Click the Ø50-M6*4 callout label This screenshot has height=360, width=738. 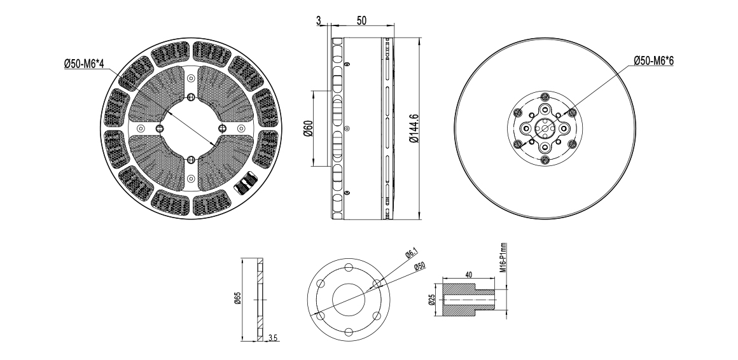click(84, 64)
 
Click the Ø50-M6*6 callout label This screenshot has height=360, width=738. click(653, 60)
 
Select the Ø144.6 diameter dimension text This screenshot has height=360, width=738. click(414, 127)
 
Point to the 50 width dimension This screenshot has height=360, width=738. click(361, 21)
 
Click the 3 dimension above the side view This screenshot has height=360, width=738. click(319, 21)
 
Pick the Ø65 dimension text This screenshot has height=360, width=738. click(237, 298)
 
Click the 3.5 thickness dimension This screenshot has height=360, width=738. click(273, 337)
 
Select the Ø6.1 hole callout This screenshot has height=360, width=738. click(412, 254)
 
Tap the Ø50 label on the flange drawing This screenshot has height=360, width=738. click(420, 267)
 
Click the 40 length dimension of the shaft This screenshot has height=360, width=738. click(469, 274)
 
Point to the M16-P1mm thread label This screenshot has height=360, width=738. click(503, 258)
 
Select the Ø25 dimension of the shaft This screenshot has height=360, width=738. click(431, 300)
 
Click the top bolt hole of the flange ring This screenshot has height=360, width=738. click(349, 268)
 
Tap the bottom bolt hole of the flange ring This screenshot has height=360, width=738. click(349, 332)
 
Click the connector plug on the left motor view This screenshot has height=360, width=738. click(246, 184)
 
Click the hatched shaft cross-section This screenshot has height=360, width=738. click(469, 300)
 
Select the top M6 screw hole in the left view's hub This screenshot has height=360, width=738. click(191, 97)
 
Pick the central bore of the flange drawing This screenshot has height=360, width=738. click(349, 300)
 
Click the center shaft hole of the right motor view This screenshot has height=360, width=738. click(545, 128)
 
